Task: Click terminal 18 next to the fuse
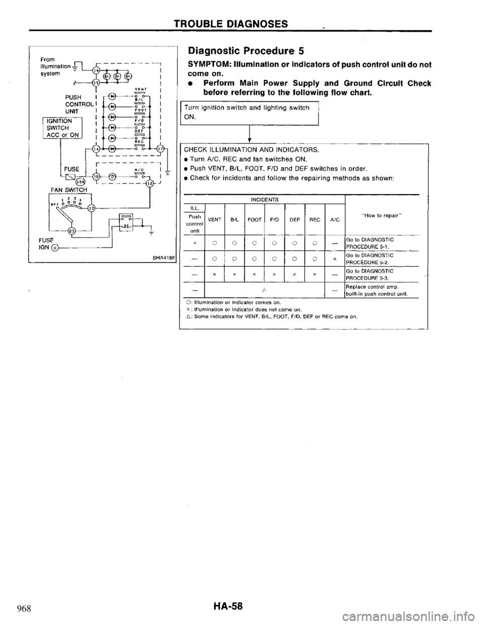95,176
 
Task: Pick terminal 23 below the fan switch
72,231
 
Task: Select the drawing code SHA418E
158,259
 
